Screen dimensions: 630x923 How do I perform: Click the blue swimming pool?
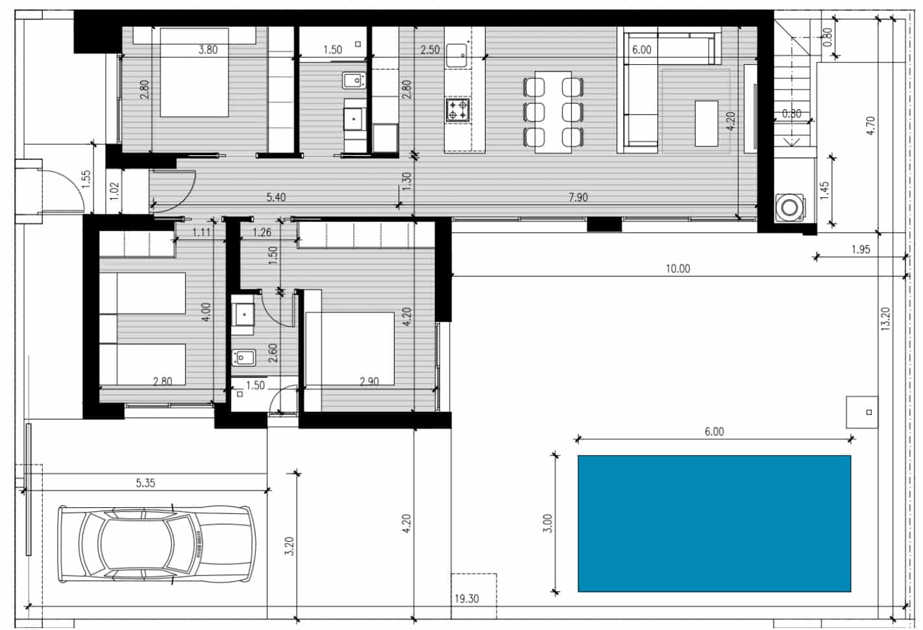(x=714, y=523)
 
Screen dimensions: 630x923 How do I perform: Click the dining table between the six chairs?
(x=553, y=112)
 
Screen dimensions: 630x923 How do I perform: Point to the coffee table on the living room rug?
(x=706, y=123)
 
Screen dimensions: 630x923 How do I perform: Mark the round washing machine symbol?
(x=789, y=208)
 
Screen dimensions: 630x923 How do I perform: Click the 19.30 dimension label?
(x=466, y=599)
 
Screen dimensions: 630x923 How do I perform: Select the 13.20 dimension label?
(x=886, y=319)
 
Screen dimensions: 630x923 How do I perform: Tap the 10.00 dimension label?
(x=678, y=268)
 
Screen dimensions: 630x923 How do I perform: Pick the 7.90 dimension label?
(x=578, y=197)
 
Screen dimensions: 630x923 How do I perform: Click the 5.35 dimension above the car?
(x=145, y=483)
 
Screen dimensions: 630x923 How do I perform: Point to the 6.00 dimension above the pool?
(x=714, y=431)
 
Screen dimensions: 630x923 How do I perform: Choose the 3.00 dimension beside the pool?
(x=547, y=523)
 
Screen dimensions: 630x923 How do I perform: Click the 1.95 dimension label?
(x=860, y=249)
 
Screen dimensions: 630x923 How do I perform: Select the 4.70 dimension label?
(x=871, y=125)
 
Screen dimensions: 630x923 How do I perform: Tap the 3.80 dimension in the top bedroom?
(x=208, y=49)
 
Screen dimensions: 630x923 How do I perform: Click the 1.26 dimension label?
(x=262, y=232)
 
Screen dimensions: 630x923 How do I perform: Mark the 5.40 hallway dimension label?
(x=276, y=197)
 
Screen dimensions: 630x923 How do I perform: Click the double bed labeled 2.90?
(x=351, y=349)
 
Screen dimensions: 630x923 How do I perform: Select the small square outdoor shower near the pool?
(x=862, y=412)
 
